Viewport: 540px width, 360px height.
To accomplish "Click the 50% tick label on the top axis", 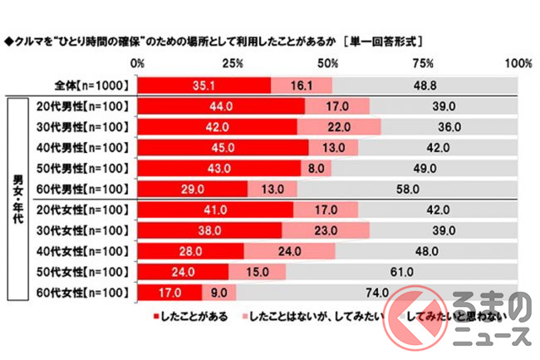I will point(328,64).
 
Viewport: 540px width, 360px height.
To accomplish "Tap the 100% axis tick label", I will point(518,64).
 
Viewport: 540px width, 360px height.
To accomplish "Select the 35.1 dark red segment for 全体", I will point(204,85).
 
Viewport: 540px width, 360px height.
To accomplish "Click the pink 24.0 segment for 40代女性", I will point(288,251).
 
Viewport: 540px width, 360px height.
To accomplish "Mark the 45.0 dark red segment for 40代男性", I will point(223,147).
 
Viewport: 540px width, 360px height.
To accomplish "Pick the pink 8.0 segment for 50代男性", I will point(316,168).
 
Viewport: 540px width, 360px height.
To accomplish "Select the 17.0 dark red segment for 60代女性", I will point(169,292).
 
